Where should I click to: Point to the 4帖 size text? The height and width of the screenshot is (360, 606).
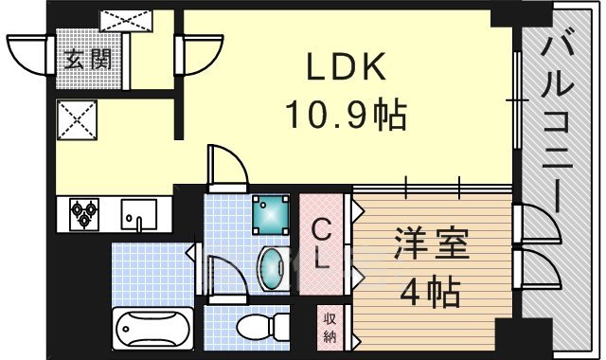[432, 289]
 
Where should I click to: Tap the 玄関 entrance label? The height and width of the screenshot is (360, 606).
[87, 59]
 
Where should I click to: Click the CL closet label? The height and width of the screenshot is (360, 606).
[322, 243]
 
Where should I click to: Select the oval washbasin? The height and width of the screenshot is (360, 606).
[272, 269]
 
